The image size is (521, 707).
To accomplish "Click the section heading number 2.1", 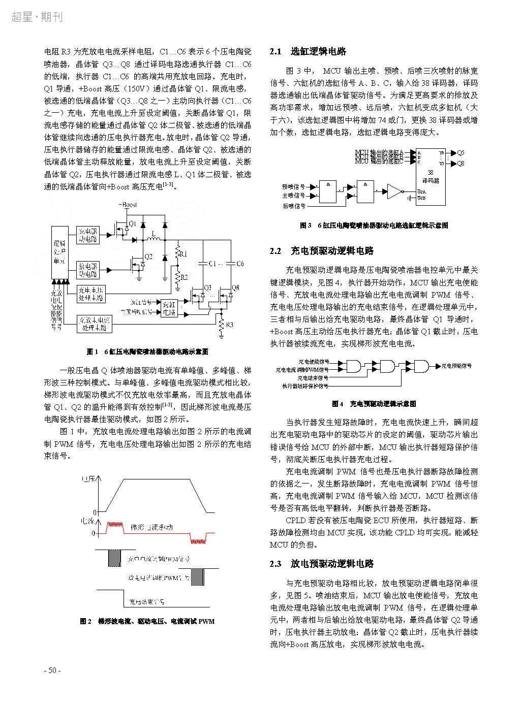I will (x=275, y=52).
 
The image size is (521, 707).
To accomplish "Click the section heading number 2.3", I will (x=275, y=564).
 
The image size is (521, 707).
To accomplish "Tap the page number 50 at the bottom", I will (x=52, y=670).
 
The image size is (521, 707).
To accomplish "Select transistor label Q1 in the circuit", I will (x=132, y=224).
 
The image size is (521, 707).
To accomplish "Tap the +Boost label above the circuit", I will (x=127, y=204).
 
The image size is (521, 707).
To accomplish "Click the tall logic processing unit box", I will (x=59, y=251).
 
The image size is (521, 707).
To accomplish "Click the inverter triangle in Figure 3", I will (x=394, y=191).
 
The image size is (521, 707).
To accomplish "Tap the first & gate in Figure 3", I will (x=330, y=191).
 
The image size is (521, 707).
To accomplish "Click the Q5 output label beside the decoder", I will (x=460, y=152).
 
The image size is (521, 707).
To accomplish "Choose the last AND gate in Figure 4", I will (x=421, y=365).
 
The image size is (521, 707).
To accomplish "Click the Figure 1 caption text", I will (x=148, y=351).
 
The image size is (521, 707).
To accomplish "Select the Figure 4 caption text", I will (x=374, y=404).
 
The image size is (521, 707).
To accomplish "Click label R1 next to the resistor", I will (x=184, y=253).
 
